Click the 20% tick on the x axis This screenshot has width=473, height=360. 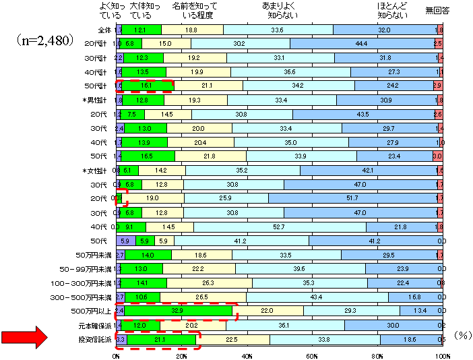coord(181,355)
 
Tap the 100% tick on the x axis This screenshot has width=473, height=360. coord(442,355)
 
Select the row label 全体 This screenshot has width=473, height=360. coord(104,30)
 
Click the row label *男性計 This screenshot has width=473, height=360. coord(100,100)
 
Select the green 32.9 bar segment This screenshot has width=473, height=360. coord(178,311)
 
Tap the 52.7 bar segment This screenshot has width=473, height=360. coord(280,227)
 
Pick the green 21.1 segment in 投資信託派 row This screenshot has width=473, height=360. coord(160,339)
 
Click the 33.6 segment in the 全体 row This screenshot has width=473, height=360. coord(278,30)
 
